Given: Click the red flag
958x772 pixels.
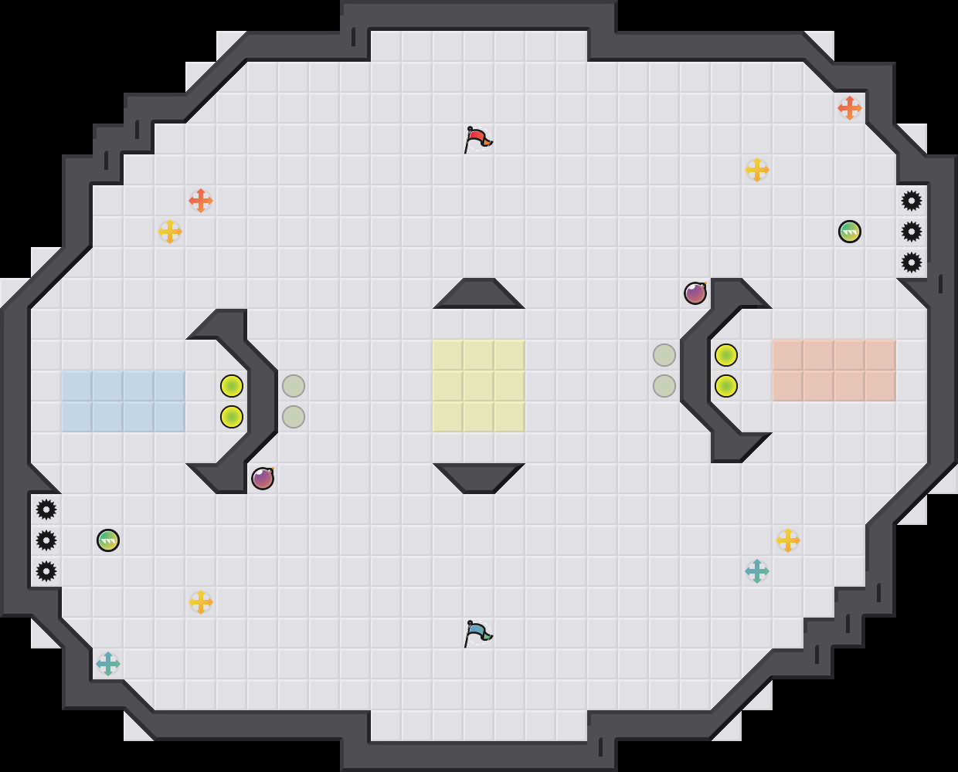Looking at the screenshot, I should [477, 139].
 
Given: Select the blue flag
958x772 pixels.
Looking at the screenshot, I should [477, 633].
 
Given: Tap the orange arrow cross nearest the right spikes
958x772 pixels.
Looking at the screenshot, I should [850, 108].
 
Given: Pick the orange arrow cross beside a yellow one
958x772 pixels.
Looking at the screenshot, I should [201, 201].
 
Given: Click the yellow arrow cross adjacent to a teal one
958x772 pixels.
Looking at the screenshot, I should [788, 540].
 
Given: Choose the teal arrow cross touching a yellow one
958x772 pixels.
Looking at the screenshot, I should [757, 571].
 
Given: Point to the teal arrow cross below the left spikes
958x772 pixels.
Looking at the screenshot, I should [108, 664].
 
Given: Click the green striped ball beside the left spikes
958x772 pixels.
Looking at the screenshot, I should [108, 540].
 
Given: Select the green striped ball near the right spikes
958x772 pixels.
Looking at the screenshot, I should [850, 232].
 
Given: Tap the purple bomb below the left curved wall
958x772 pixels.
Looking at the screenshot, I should [263, 479].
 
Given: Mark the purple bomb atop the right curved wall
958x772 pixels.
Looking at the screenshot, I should [695, 293].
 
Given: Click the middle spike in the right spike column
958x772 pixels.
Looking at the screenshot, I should [912, 232].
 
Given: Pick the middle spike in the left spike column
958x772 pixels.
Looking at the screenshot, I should [46, 540].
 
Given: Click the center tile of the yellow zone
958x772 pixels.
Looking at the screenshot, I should [479, 386].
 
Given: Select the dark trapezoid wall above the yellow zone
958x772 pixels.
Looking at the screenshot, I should [479, 294].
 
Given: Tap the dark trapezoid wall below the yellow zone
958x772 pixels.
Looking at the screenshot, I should [479, 477].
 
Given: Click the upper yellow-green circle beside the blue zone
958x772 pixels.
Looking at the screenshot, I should [232, 386].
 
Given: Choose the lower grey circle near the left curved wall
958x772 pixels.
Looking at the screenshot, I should [294, 417].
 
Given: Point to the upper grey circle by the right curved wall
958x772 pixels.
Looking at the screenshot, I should [664, 355].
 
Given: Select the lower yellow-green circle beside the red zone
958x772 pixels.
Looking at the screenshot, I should [726, 386].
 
